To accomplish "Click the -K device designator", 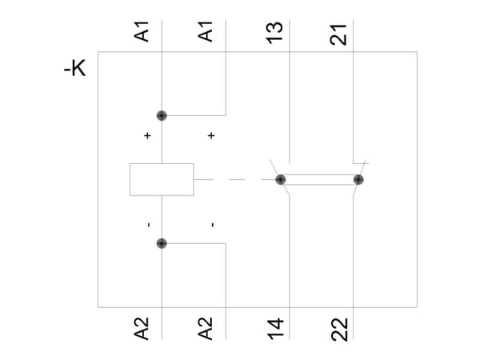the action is click(75, 68).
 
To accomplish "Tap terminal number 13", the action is click(274, 33).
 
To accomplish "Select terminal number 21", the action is click(338, 34).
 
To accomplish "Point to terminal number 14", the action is click(275, 329).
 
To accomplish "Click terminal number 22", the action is click(339, 330).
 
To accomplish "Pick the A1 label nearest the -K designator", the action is click(142, 31).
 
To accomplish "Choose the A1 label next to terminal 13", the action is click(205, 31).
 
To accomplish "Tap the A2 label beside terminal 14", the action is click(205, 329).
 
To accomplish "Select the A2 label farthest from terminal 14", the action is click(142, 329).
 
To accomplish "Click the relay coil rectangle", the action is click(162, 179).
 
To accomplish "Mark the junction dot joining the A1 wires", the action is click(162, 116).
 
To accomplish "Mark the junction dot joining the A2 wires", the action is click(162, 243).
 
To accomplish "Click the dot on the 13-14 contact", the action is click(281, 179).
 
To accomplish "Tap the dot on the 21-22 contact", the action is click(358, 179).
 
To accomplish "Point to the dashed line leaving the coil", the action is click(234, 179).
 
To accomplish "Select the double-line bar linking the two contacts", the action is click(319, 179).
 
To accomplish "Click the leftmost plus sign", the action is click(147, 135).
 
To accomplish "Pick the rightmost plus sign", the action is click(211, 135).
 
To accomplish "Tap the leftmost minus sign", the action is click(149, 225).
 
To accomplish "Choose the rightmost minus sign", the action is click(213, 225).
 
